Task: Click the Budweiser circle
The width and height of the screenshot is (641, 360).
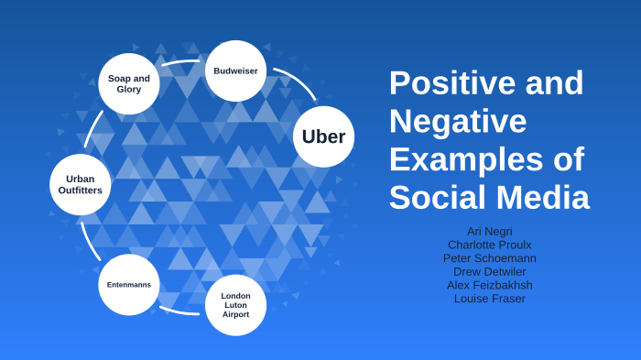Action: click(235, 71)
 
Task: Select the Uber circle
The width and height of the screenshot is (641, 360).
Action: click(323, 137)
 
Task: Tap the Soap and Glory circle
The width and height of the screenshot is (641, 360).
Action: click(129, 83)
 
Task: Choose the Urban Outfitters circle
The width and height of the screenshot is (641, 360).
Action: click(81, 184)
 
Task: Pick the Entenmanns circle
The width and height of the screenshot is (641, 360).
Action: click(129, 285)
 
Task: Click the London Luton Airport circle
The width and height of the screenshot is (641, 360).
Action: click(235, 305)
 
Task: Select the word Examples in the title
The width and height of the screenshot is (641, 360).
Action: click(459, 158)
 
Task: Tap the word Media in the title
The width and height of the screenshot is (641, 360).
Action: click(539, 197)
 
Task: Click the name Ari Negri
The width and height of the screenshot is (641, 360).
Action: click(489, 232)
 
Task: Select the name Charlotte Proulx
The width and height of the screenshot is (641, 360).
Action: click(489, 245)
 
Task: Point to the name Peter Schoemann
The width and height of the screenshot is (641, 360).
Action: click(489, 258)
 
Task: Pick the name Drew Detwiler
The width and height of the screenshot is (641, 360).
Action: click(489, 272)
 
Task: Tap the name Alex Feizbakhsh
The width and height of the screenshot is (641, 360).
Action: click(489, 285)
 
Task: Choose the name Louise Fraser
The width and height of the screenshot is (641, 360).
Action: click(489, 299)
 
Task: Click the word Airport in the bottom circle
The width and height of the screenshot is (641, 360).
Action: click(235, 314)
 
